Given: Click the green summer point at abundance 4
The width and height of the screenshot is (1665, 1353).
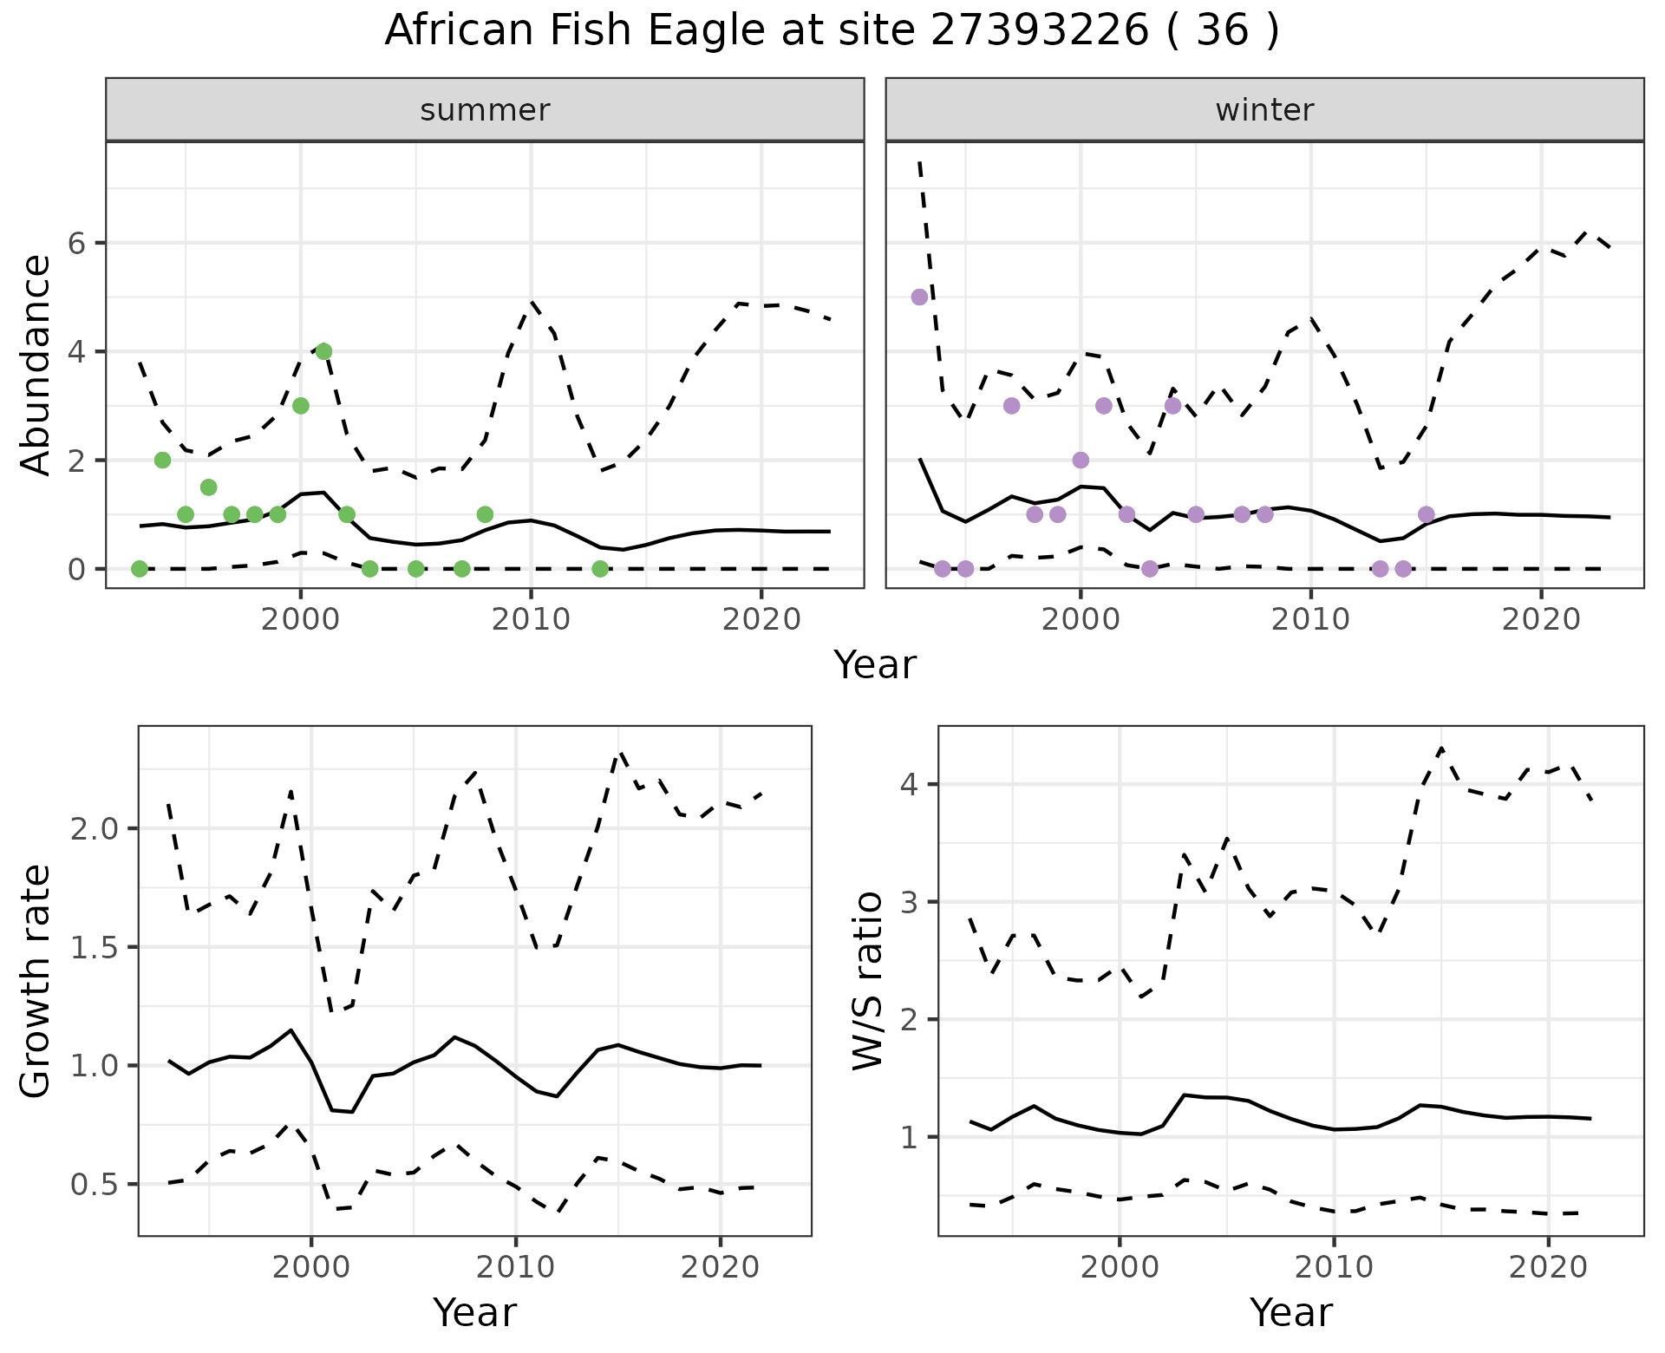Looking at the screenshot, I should [323, 351].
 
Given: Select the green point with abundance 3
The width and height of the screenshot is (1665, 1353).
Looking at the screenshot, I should [301, 406].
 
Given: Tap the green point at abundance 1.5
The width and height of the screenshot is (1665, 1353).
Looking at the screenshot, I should [208, 487].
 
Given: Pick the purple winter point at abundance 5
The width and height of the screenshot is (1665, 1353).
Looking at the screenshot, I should [920, 297].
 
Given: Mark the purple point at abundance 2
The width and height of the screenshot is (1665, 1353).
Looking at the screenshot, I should [1081, 460].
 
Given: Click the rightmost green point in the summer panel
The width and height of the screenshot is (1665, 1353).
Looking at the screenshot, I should [600, 569].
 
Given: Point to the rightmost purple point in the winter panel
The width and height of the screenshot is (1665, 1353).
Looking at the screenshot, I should [1427, 514].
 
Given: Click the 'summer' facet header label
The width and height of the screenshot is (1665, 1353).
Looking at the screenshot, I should [485, 110].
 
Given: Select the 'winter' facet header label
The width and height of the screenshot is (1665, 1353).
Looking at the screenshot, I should [1264, 110].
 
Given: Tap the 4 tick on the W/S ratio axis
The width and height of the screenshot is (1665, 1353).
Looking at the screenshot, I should [910, 784].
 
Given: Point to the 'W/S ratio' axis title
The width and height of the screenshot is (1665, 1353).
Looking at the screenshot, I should [868, 981].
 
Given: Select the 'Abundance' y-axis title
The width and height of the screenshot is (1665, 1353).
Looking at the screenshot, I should [36, 365].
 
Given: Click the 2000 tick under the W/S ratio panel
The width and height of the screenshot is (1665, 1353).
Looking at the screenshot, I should [1120, 1267].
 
